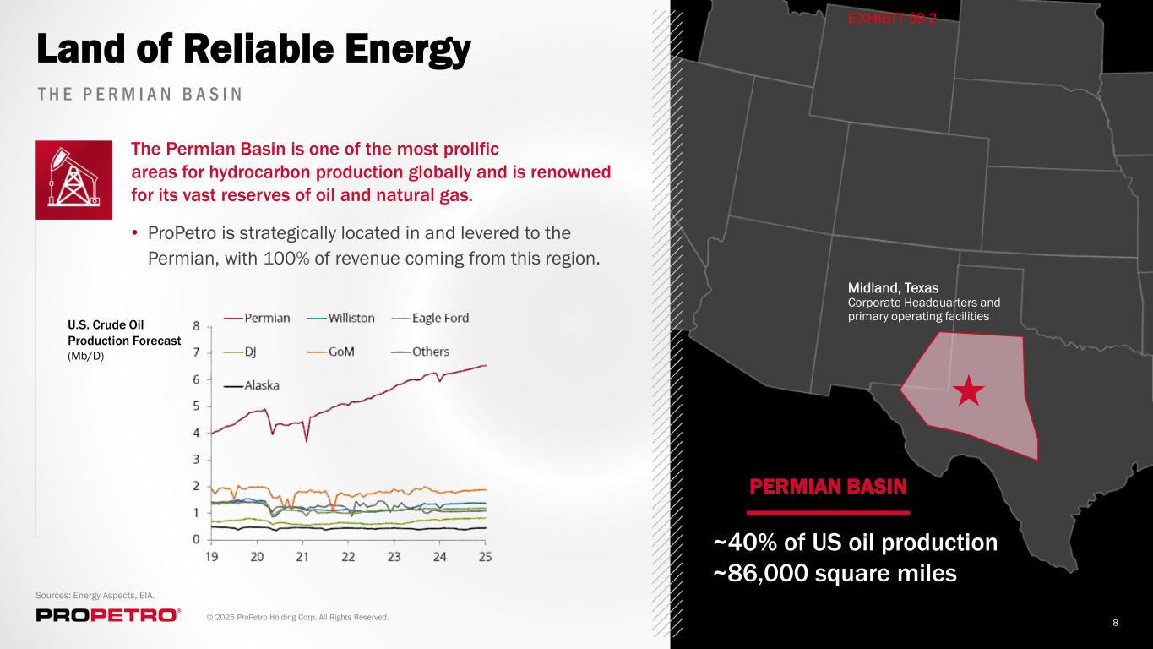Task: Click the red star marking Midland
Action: click(969, 390)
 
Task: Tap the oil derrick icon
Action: click(73, 180)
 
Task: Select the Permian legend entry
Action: click(257, 319)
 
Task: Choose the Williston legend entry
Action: click(340, 319)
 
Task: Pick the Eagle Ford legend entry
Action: click(430, 319)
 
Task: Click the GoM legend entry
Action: click(331, 352)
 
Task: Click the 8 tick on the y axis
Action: click(196, 326)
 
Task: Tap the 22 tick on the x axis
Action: click(349, 557)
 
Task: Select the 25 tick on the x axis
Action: click(486, 557)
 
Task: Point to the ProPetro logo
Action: click(108, 615)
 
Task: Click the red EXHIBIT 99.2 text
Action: click(892, 19)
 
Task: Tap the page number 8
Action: click(1116, 623)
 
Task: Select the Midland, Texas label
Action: click(893, 288)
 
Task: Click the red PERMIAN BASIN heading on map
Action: click(828, 487)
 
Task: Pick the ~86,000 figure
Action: click(761, 574)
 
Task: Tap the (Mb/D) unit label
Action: click(86, 356)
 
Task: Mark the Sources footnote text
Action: click(95, 596)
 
